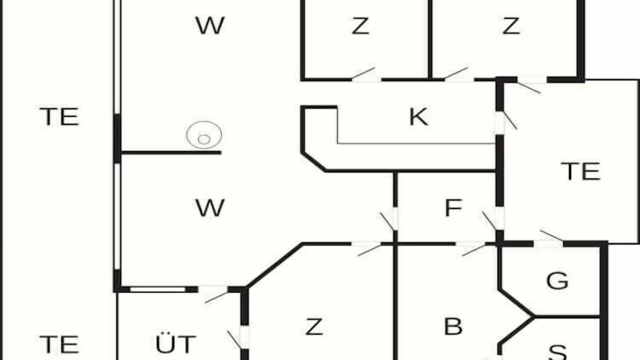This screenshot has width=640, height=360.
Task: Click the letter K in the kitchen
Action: [x=418, y=117]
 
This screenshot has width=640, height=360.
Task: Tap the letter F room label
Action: [x=453, y=208]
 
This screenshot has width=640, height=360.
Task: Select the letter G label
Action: [x=557, y=280]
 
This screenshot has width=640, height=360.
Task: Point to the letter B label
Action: [x=453, y=326]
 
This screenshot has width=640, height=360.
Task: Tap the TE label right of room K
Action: [x=580, y=171]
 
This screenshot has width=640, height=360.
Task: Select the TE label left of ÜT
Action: [x=59, y=344]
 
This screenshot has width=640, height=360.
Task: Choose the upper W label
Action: [x=210, y=25]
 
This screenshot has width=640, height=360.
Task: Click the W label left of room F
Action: [x=210, y=208]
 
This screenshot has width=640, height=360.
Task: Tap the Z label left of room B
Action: [x=314, y=326]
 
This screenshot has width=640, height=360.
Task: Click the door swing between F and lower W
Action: [x=387, y=221]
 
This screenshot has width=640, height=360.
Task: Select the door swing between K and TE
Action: [x=509, y=120]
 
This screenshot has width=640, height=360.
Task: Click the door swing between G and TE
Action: [x=551, y=235]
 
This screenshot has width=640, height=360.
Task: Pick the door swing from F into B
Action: [x=473, y=250]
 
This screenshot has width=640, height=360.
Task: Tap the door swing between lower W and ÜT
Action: [x=216, y=297]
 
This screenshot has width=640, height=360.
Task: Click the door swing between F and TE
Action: [x=489, y=220]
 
